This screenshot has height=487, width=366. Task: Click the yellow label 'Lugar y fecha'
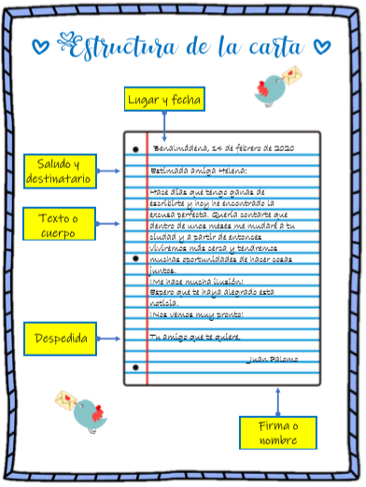click(164, 99)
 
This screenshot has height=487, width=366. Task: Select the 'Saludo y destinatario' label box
click(58, 171)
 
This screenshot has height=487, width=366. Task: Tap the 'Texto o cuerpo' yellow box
click(58, 225)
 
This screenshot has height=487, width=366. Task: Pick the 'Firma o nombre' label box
click(277, 433)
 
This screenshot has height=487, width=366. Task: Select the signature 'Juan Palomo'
click(271, 358)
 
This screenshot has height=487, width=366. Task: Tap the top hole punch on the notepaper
click(135, 148)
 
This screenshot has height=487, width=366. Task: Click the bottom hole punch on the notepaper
click(135, 367)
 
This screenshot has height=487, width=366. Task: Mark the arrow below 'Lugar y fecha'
click(164, 123)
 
